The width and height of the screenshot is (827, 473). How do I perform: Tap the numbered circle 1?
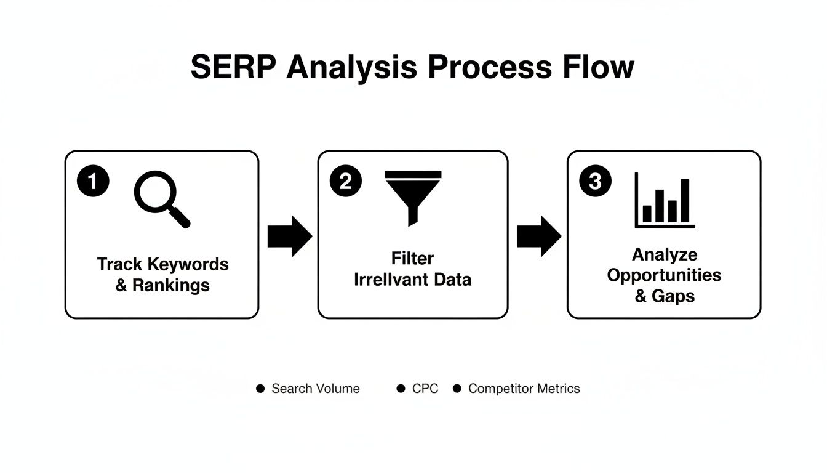pyautogui.click(x=93, y=181)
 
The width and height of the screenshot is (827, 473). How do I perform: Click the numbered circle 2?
pyautogui.click(x=345, y=181)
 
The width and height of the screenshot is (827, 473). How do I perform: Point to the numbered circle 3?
pyautogui.click(x=595, y=181)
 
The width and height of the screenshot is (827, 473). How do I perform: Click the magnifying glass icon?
pyautogui.click(x=159, y=196)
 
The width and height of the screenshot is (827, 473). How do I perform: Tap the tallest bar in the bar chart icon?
pyautogui.click(x=685, y=200)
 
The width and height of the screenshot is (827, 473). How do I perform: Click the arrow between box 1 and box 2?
pyautogui.click(x=289, y=236)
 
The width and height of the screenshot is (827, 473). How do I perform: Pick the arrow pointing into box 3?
pyautogui.click(x=538, y=236)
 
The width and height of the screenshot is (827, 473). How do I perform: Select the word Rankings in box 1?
pyautogui.click(x=171, y=286)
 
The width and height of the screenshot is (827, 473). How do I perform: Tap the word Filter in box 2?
pyautogui.click(x=412, y=258)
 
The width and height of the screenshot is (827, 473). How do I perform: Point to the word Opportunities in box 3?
pyautogui.click(x=664, y=275)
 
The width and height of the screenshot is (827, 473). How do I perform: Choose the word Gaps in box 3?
pyautogui.click(x=673, y=296)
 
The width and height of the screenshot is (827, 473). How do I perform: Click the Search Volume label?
pyautogui.click(x=315, y=389)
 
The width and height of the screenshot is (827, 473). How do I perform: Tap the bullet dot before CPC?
pyautogui.click(x=401, y=389)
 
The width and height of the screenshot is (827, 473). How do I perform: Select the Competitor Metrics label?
pyautogui.click(x=524, y=389)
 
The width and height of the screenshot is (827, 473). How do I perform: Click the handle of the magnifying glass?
pyautogui.click(x=180, y=217)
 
